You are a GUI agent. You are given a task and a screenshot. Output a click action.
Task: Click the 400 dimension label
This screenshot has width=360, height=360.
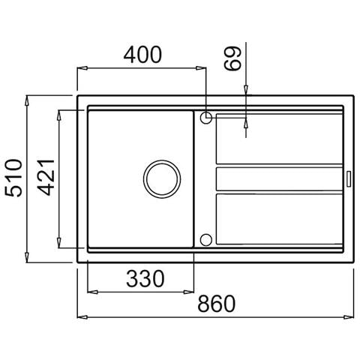(142, 55)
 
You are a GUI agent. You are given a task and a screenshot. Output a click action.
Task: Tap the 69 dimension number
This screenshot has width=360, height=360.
(232, 58)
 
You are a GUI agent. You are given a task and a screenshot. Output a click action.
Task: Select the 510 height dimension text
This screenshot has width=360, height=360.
(14, 178)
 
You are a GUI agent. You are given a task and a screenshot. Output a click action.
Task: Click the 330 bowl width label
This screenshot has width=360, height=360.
(145, 278)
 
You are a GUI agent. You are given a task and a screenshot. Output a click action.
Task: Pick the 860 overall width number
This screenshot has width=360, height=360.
(217, 304)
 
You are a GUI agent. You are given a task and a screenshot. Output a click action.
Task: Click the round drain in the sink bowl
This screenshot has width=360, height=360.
(162, 179)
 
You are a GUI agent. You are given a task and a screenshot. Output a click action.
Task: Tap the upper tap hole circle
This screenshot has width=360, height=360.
(206, 118)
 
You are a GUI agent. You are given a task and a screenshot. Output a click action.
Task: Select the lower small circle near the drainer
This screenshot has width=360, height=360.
(206, 240)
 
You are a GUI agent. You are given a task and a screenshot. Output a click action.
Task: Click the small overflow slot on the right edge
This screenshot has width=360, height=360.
(349, 178)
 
